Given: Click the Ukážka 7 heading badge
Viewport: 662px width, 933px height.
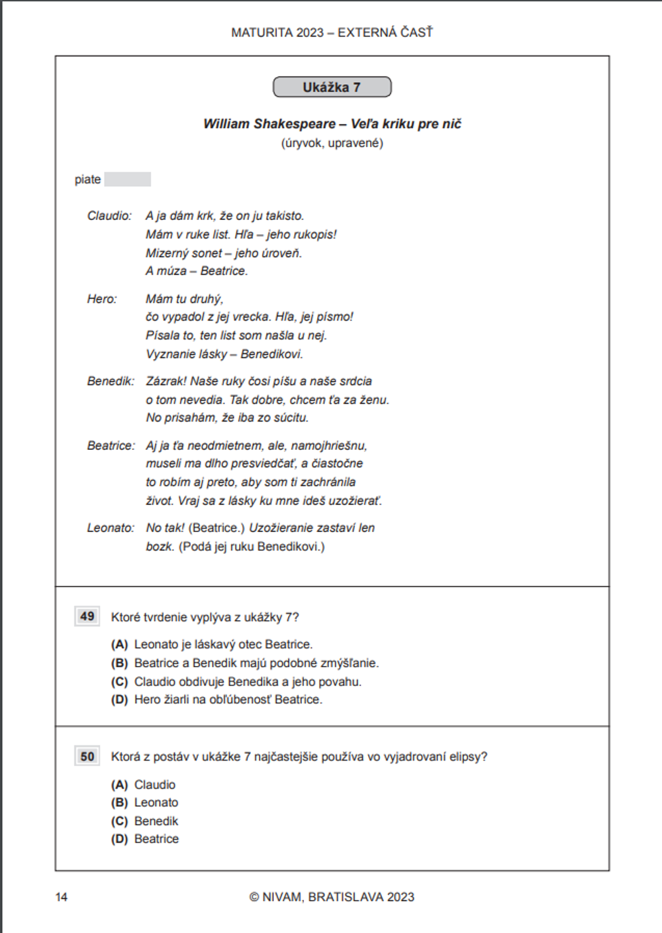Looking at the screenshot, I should (x=332, y=87).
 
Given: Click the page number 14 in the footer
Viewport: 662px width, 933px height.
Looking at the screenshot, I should (x=62, y=897).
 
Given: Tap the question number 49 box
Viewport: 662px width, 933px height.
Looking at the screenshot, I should (x=87, y=617).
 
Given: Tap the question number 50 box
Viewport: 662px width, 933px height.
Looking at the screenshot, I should (x=87, y=757).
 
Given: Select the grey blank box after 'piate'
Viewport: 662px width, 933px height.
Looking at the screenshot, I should (x=128, y=180).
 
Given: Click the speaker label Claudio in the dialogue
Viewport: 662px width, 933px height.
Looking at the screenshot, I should (x=109, y=216).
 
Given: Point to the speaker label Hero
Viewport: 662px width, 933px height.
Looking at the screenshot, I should (x=101, y=300).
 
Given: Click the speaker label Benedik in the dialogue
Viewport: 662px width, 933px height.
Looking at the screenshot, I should (x=111, y=382).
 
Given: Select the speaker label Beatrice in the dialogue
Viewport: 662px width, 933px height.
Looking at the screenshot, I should (x=111, y=446).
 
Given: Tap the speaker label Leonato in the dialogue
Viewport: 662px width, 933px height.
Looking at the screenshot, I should (x=111, y=528).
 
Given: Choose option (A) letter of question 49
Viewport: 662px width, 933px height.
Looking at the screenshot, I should (x=119, y=645).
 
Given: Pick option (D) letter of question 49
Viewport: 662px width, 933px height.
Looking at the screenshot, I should (x=119, y=700).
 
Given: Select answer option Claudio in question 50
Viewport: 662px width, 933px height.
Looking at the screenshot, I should (x=155, y=785).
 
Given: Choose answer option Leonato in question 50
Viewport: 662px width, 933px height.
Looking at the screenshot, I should (x=156, y=803).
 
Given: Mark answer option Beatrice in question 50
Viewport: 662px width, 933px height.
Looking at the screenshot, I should (x=156, y=840).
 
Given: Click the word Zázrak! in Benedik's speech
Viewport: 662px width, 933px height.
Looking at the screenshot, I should (x=166, y=382).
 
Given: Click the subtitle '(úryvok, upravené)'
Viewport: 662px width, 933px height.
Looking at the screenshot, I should (x=332, y=143).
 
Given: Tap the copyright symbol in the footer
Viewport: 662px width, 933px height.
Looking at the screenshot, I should (x=254, y=897).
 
